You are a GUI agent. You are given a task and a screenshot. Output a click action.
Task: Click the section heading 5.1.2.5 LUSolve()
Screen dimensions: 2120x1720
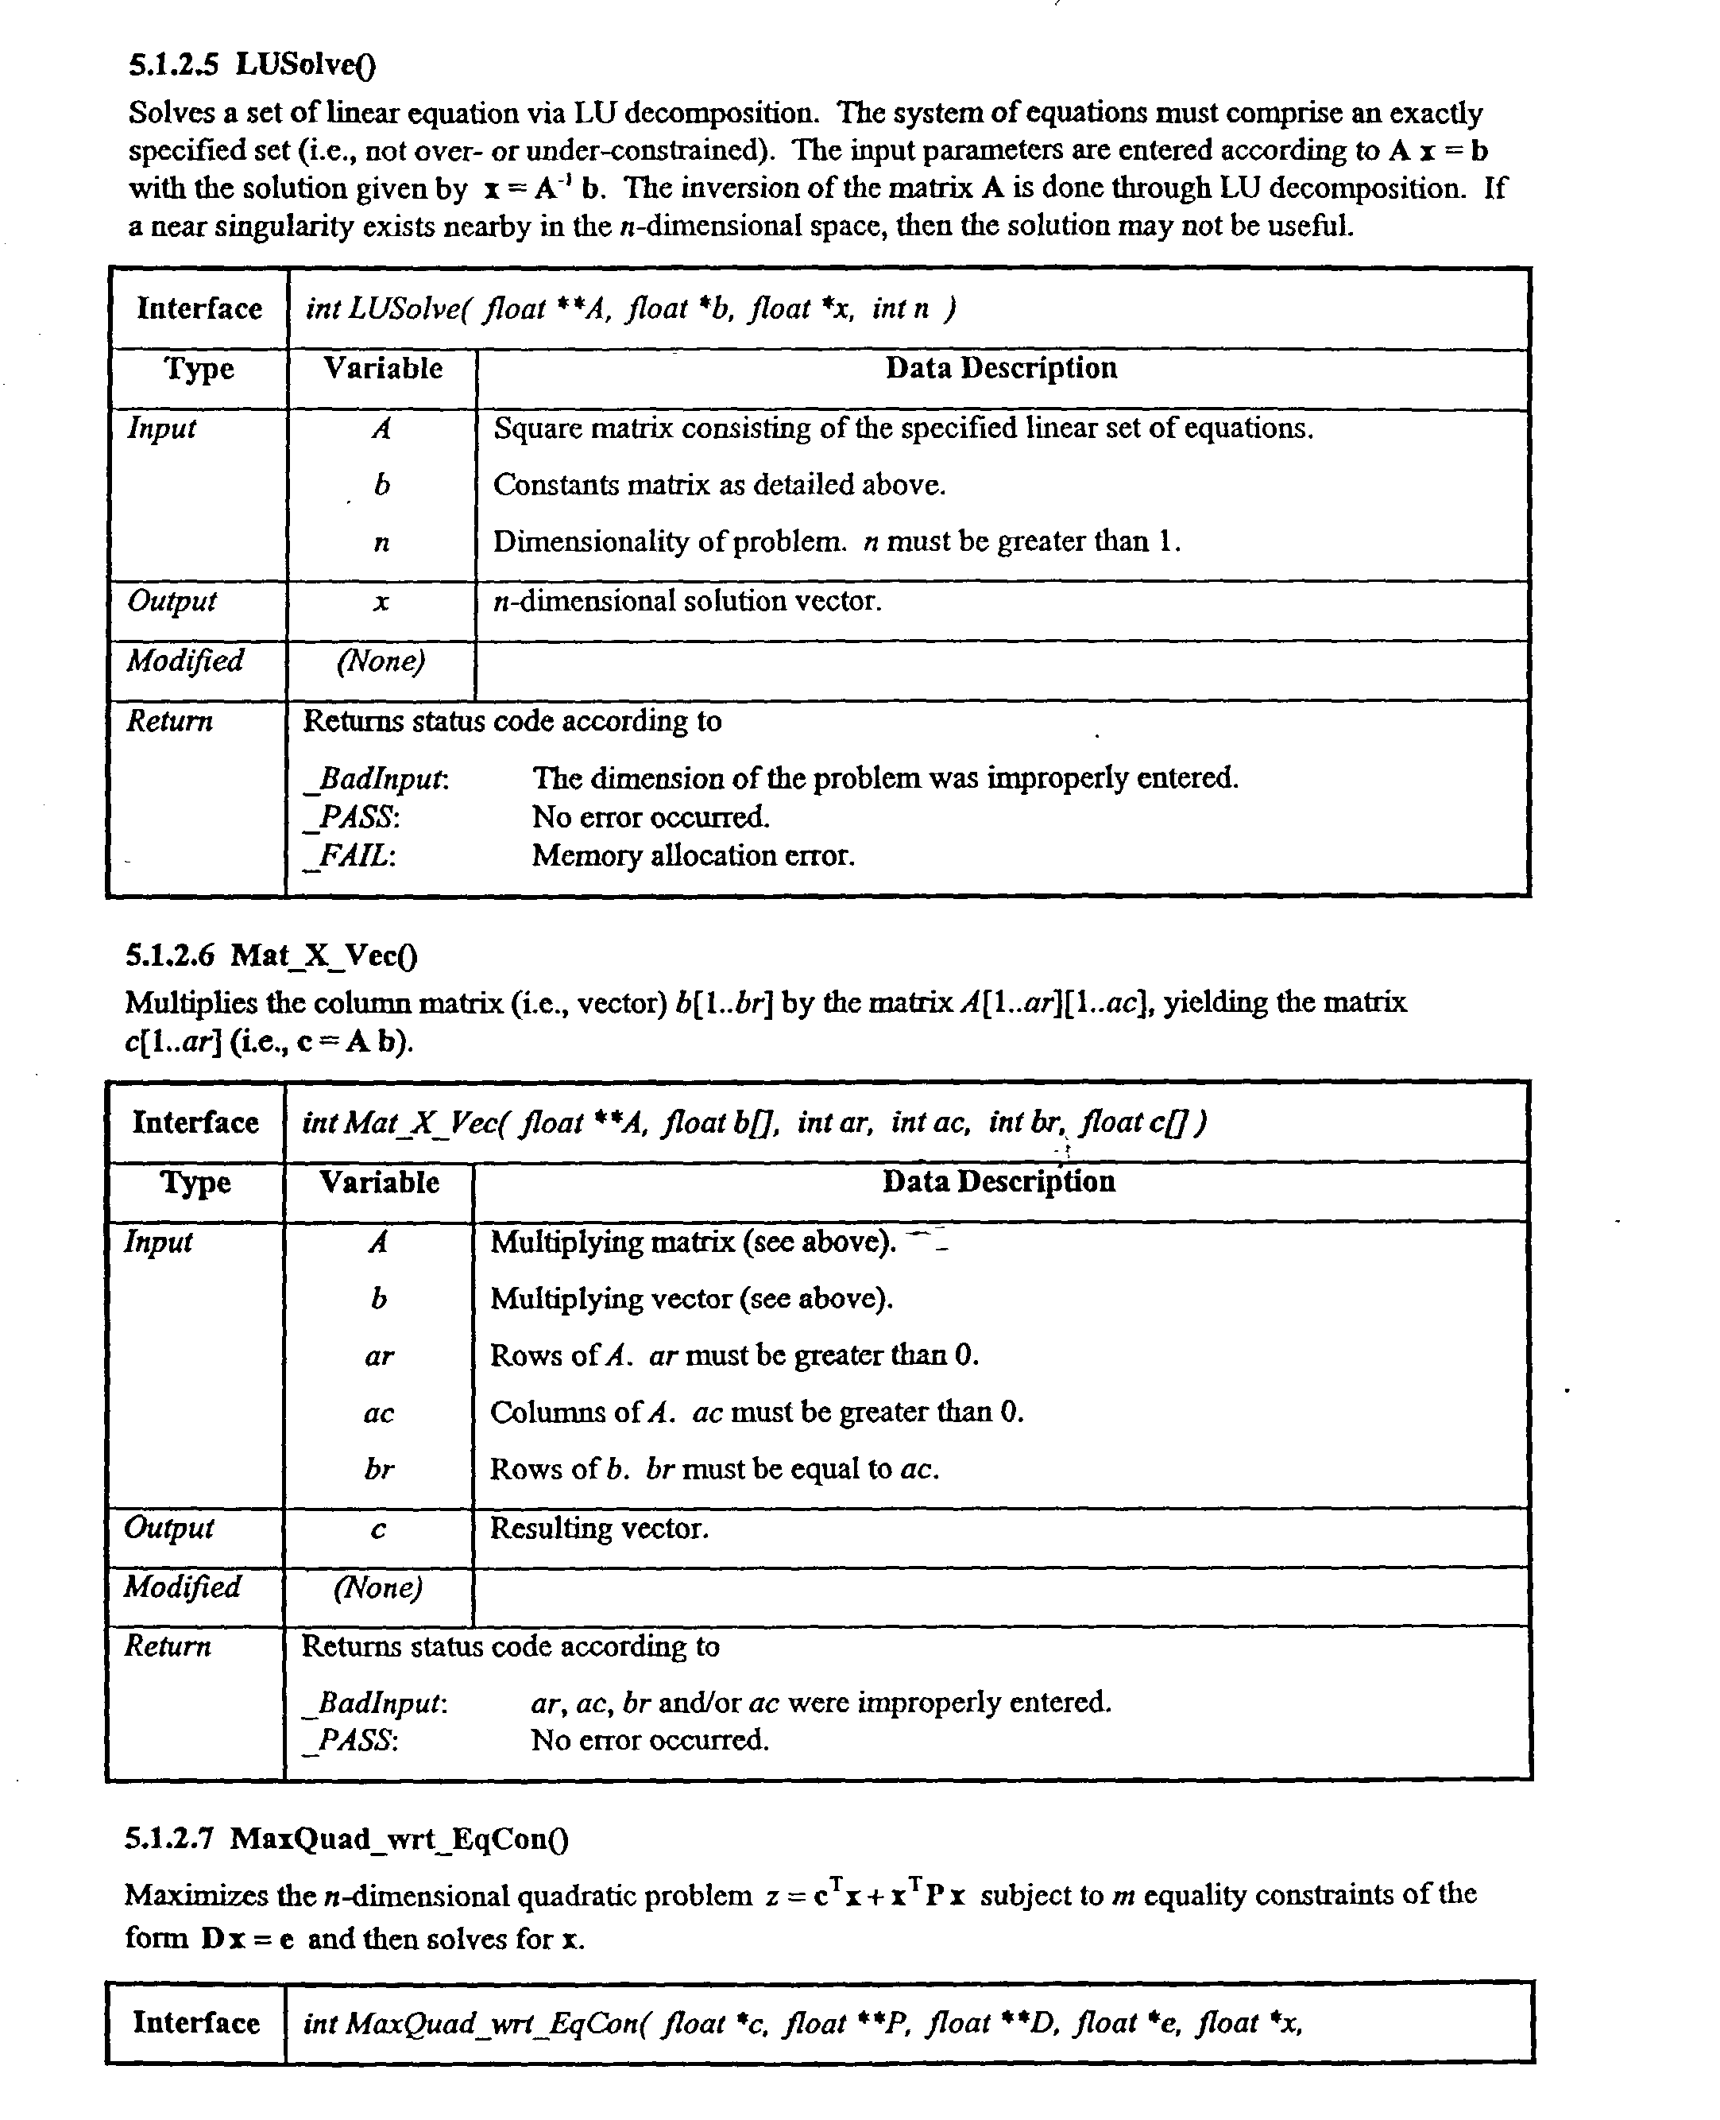click(x=253, y=65)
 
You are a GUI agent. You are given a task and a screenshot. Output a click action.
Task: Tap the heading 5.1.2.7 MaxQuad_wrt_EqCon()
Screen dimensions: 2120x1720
click(x=346, y=1839)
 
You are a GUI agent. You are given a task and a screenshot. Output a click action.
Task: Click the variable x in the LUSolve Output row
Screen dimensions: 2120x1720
click(x=381, y=602)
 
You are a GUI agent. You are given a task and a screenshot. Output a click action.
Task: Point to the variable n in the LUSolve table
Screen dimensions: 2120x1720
click(x=381, y=543)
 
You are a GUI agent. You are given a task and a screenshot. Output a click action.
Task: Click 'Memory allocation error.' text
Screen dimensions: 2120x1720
click(x=693, y=855)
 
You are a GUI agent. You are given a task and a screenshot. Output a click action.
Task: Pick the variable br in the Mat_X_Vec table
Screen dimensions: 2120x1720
click(x=378, y=1469)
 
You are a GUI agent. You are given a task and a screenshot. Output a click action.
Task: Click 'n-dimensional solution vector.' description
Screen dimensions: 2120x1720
click(x=686, y=602)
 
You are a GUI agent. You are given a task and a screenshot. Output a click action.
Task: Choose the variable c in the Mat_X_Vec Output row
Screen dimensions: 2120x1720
click(x=378, y=1530)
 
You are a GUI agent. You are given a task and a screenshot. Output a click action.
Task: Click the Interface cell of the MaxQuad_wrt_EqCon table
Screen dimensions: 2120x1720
click(x=196, y=2023)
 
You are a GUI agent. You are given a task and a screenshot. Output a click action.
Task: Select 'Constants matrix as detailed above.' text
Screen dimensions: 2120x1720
click(x=719, y=485)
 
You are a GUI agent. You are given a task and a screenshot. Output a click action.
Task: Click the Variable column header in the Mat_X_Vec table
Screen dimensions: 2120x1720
click(x=378, y=1182)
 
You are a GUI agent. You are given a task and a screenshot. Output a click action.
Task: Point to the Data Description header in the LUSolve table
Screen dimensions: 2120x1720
click(x=1001, y=369)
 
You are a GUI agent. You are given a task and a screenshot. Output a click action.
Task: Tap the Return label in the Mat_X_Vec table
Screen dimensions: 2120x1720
click(x=168, y=1647)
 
